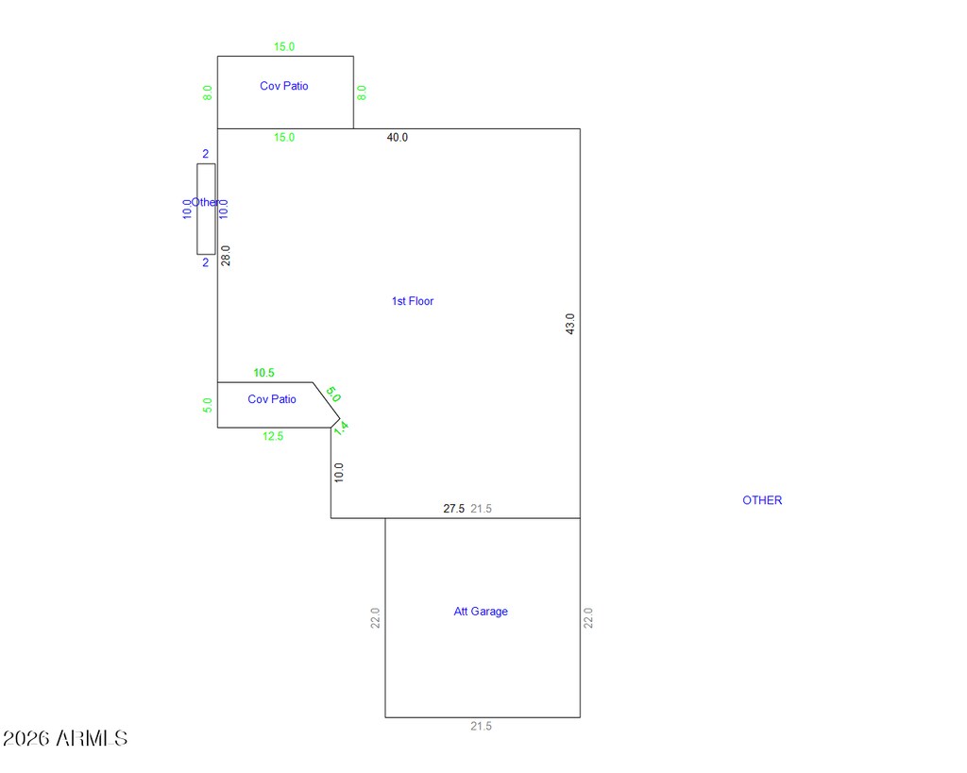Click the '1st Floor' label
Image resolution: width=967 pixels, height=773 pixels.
(413, 301)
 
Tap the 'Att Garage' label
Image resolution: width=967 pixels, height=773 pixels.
(481, 612)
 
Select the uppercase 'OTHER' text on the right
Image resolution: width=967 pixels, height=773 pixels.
(762, 500)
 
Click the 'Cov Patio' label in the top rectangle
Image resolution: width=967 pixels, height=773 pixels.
(284, 86)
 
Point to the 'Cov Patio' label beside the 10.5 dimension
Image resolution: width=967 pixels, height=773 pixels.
(272, 399)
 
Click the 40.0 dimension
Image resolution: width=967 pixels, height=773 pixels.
(398, 138)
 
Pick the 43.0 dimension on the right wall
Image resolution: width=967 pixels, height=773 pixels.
(569, 325)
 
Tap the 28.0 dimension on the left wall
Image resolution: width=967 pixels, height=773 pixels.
(226, 255)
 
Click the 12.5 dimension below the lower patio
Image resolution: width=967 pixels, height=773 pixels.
(273, 436)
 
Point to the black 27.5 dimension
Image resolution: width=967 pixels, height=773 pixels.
(454, 509)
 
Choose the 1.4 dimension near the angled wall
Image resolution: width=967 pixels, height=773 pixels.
(341, 428)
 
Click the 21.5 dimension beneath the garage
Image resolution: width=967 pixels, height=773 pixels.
(482, 726)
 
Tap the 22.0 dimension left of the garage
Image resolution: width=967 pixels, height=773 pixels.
(375, 618)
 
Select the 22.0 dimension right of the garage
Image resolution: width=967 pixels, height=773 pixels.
(588, 618)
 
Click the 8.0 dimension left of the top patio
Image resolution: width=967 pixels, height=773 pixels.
(208, 92)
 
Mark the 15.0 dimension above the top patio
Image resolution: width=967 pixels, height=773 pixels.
(284, 46)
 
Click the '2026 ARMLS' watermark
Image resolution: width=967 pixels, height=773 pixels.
(65, 738)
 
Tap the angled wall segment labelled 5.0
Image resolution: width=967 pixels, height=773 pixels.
(326, 404)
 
